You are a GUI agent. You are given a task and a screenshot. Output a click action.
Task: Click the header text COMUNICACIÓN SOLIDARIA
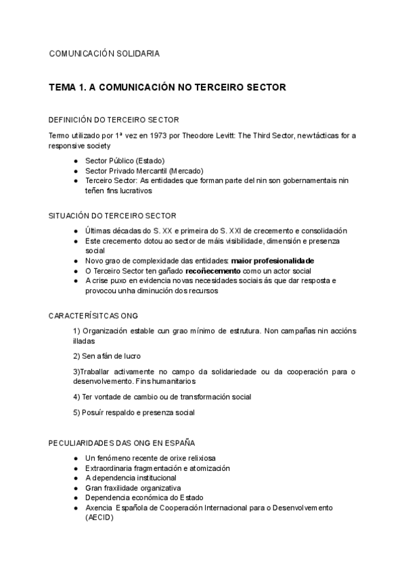(x=105, y=53)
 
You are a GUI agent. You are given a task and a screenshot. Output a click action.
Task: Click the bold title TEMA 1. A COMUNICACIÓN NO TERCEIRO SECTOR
(x=167, y=87)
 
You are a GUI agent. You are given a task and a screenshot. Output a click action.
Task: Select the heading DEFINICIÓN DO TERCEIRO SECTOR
(x=114, y=120)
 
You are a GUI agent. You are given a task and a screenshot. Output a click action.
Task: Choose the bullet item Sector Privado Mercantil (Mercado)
(x=144, y=171)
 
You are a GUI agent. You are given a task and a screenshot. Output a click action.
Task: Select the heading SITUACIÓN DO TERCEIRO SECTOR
(x=112, y=216)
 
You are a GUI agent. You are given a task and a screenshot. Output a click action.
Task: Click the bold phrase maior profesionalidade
(x=272, y=260)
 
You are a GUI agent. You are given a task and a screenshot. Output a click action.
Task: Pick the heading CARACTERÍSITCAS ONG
(x=93, y=316)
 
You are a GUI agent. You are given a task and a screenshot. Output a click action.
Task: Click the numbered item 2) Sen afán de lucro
(x=107, y=355)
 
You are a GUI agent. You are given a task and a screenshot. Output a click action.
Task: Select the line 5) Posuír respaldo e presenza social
(x=133, y=412)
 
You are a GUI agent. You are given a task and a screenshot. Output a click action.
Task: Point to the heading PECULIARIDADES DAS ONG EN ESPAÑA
(x=122, y=443)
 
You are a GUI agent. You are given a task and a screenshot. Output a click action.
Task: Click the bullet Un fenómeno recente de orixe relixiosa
(x=150, y=458)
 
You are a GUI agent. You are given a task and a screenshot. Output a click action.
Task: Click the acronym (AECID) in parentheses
(x=99, y=518)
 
